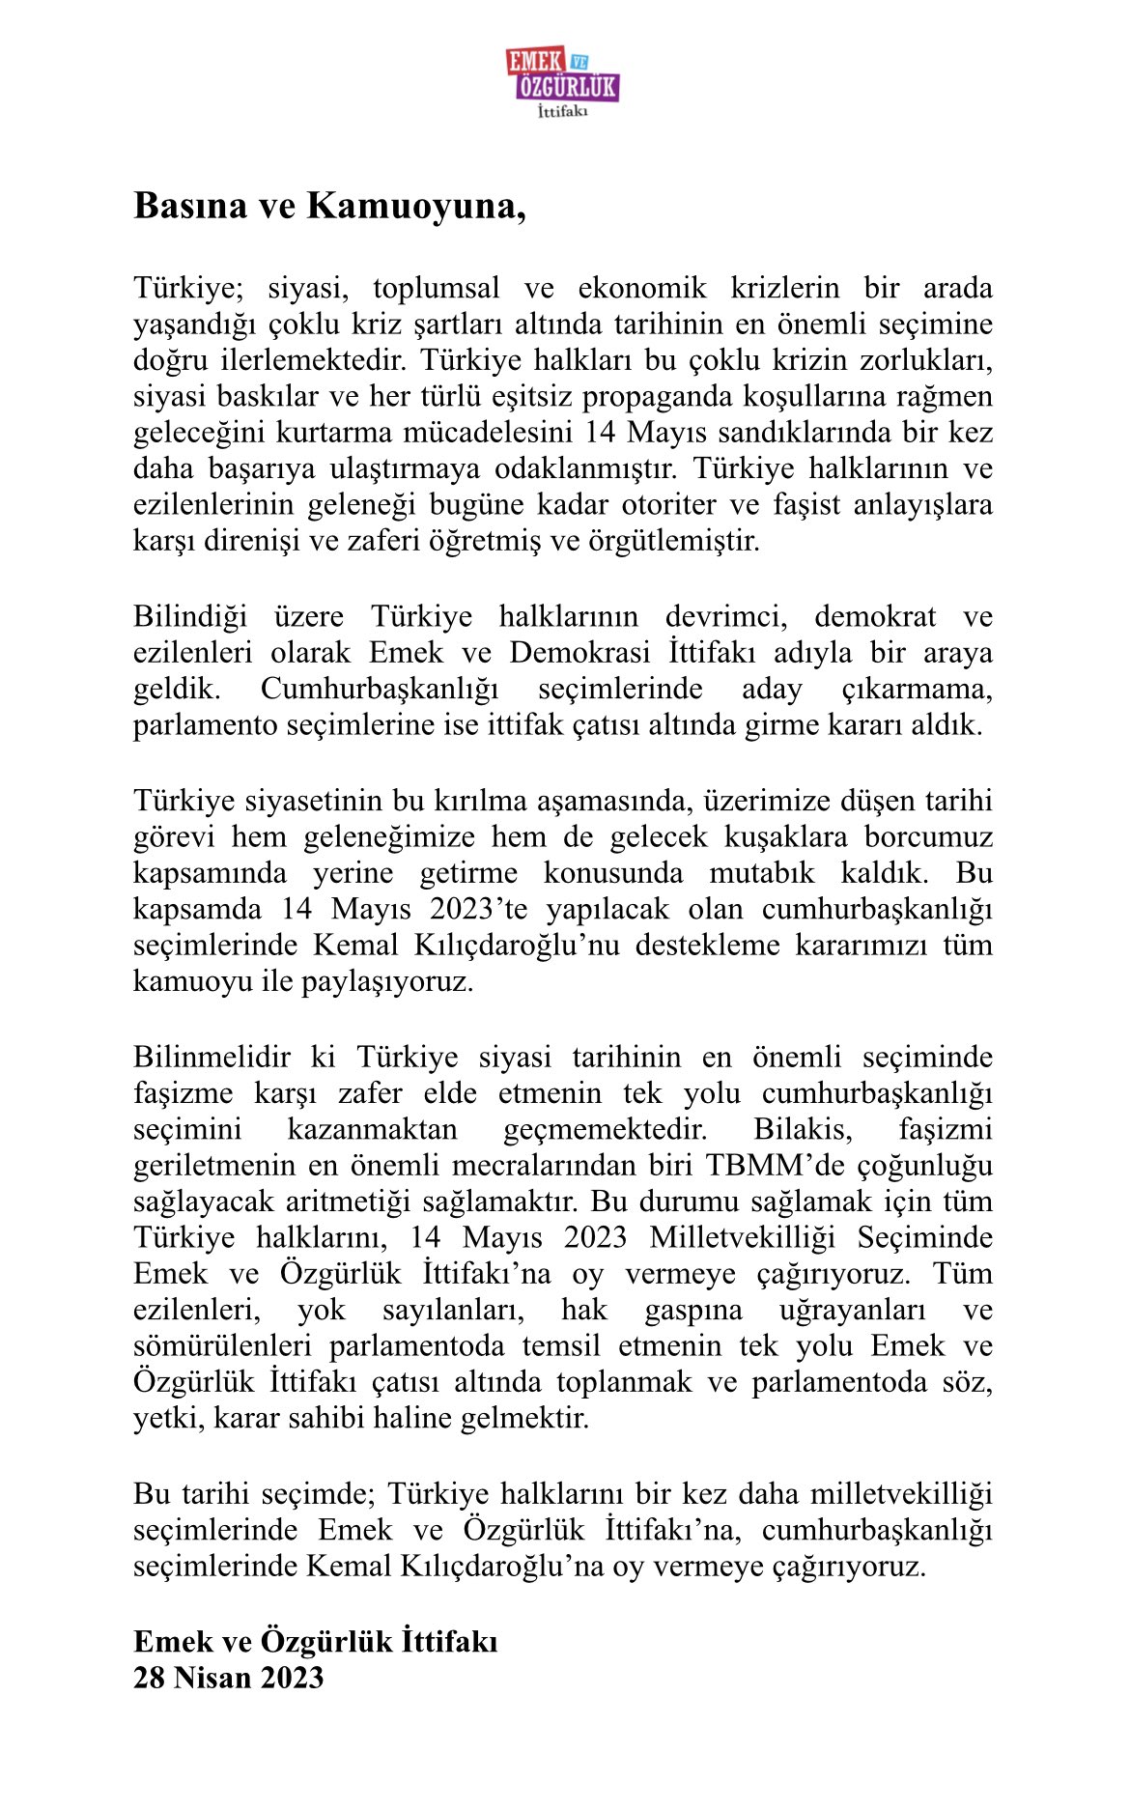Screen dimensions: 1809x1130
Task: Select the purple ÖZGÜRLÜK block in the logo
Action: [x=568, y=88]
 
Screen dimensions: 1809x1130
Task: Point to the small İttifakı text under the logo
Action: [x=562, y=112]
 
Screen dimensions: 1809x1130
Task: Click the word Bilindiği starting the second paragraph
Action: [x=190, y=616]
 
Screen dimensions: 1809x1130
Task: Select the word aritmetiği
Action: [x=350, y=1201]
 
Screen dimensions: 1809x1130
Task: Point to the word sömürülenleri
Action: [x=222, y=1345]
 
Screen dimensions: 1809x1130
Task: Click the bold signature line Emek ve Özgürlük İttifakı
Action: [x=315, y=1641]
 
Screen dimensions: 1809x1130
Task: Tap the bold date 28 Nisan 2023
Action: [x=228, y=1678]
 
